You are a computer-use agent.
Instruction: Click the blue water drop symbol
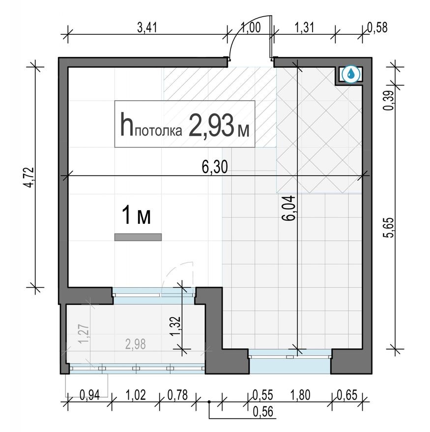[x=351, y=74]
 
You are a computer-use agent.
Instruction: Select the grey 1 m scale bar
[x=138, y=237]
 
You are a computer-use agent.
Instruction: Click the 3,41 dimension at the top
[x=147, y=27]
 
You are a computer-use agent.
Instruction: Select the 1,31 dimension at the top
[x=305, y=27]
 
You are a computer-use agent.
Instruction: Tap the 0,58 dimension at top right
[x=377, y=27]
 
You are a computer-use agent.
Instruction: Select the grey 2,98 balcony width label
[x=135, y=344]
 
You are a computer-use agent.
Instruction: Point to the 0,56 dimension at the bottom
[x=264, y=412]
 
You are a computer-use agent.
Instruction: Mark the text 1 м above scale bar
[x=136, y=216]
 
